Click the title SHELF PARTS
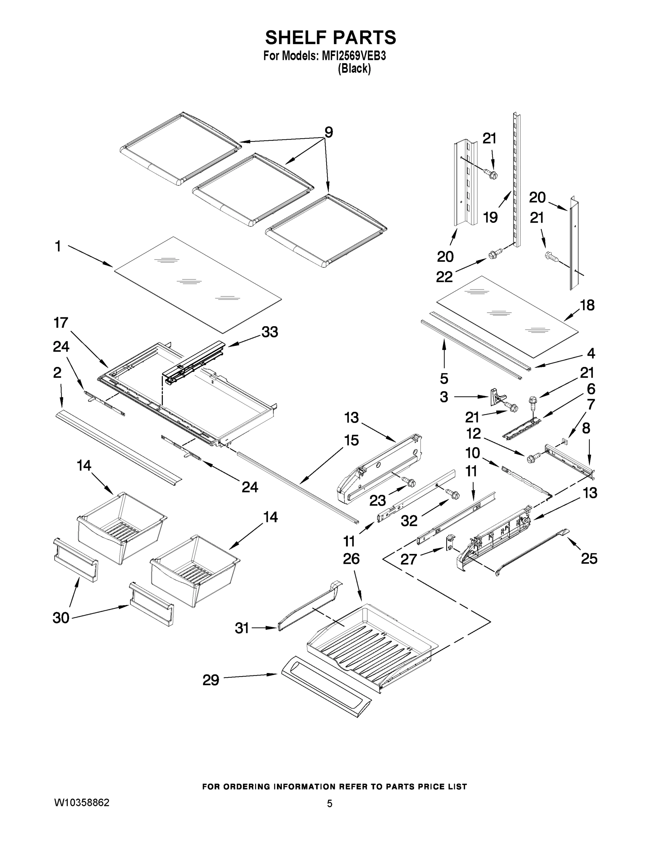click(330, 38)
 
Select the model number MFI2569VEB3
click(353, 56)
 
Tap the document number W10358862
click(82, 803)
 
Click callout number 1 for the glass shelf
click(58, 246)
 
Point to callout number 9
click(329, 133)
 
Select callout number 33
click(270, 332)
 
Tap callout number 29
click(211, 680)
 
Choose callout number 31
click(242, 628)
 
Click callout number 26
click(351, 559)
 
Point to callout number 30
click(61, 618)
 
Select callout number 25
click(589, 559)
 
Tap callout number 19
click(491, 217)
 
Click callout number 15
click(351, 441)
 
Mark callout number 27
click(409, 560)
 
